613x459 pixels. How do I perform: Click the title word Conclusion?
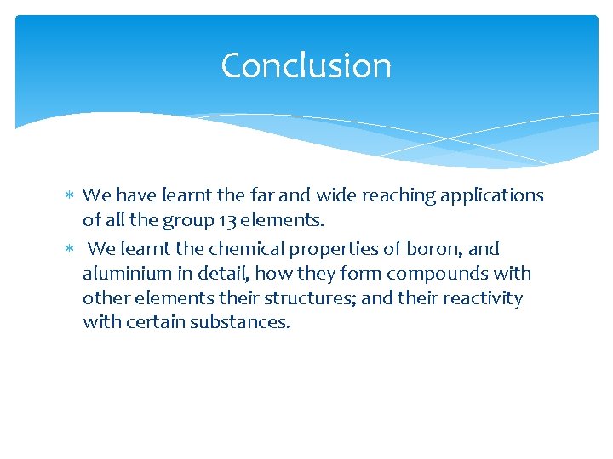click(306, 65)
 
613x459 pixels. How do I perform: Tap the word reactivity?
click(481, 298)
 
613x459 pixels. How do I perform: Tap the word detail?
click(221, 274)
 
